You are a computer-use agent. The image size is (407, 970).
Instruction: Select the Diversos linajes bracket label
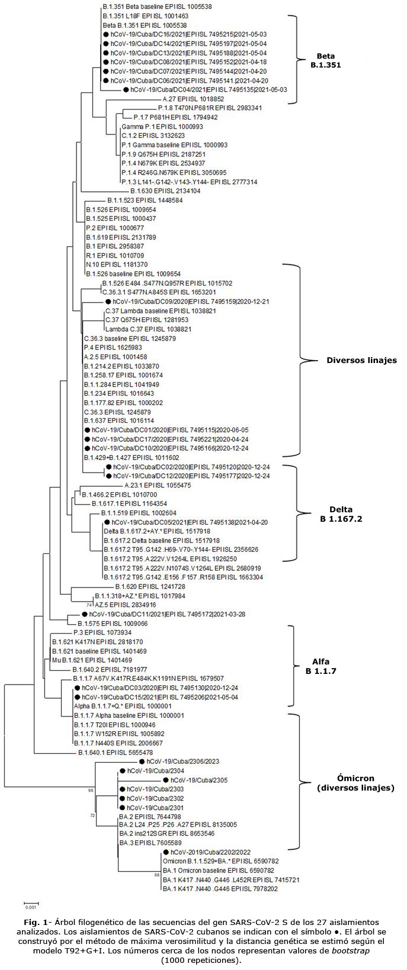coord(361,359)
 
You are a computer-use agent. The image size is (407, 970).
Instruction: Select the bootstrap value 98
coord(91,790)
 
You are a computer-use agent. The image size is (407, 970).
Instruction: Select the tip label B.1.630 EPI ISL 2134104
coord(165,191)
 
